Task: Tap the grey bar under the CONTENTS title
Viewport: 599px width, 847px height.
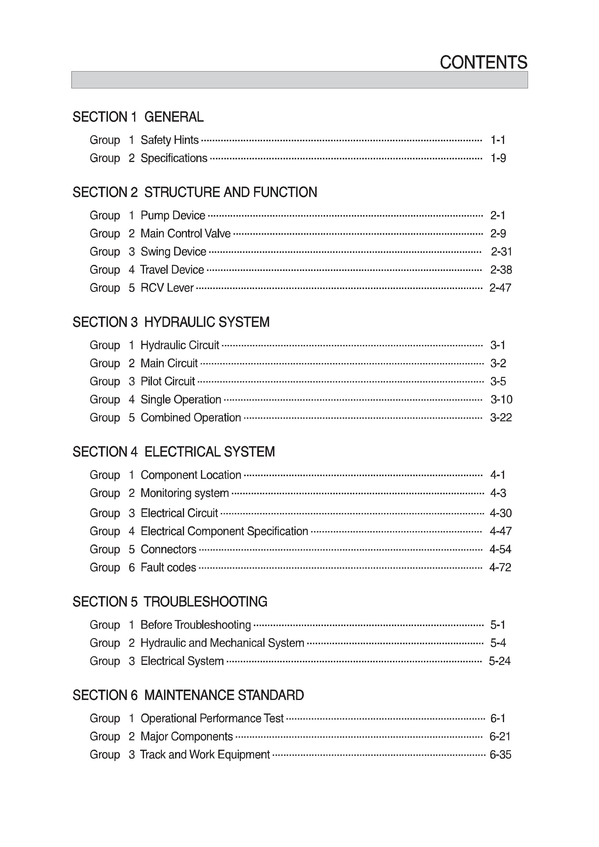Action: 299,80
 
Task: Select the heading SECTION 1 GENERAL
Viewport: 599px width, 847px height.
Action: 138,117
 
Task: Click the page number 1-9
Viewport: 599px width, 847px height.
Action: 498,158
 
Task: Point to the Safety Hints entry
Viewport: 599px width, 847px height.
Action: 169,140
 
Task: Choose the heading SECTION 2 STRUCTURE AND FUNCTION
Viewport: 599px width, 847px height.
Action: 194,192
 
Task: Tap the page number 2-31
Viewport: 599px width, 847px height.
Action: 501,252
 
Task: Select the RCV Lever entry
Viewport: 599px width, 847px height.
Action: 167,288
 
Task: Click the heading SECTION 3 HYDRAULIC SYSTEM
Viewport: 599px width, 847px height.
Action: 171,322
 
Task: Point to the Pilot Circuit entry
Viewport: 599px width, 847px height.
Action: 168,381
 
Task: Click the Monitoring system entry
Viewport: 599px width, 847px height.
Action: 185,493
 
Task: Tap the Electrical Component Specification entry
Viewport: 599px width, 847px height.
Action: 224,531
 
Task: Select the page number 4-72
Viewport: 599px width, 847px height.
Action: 500,567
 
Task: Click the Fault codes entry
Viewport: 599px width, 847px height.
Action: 168,567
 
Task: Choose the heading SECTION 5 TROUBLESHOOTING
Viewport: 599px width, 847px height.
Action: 170,602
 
